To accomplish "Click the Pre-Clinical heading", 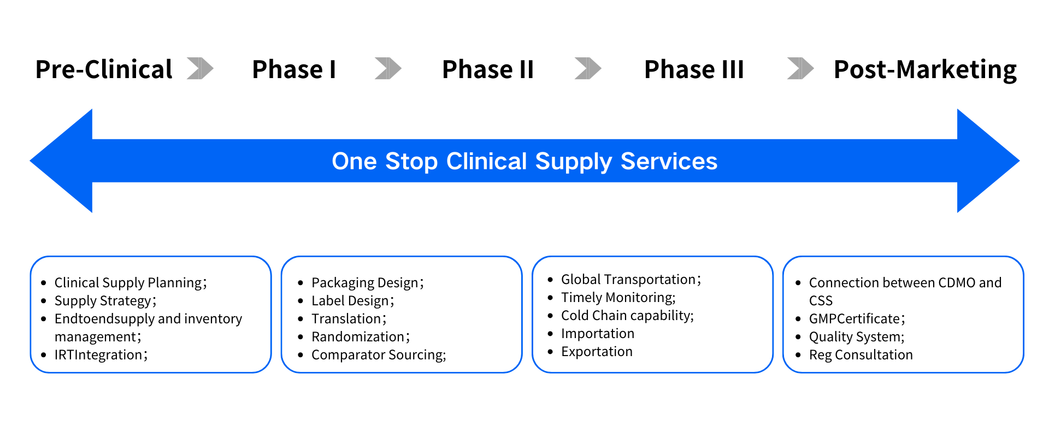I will [104, 69].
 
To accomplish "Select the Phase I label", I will [294, 69].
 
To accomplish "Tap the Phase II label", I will [487, 69].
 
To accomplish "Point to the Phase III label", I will [694, 69].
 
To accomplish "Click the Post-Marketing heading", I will [924, 69].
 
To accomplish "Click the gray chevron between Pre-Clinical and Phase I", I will [200, 68].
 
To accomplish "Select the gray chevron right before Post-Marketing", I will [800, 68].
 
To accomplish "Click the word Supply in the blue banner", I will [574, 162].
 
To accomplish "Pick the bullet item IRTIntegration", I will [101, 355].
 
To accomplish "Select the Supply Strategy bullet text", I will [105, 301].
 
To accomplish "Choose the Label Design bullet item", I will [352, 301].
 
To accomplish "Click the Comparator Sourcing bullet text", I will [378, 355].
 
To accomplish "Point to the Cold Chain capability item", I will [627, 316].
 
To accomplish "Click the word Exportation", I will [597, 352].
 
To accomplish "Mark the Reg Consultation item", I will [861, 355].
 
